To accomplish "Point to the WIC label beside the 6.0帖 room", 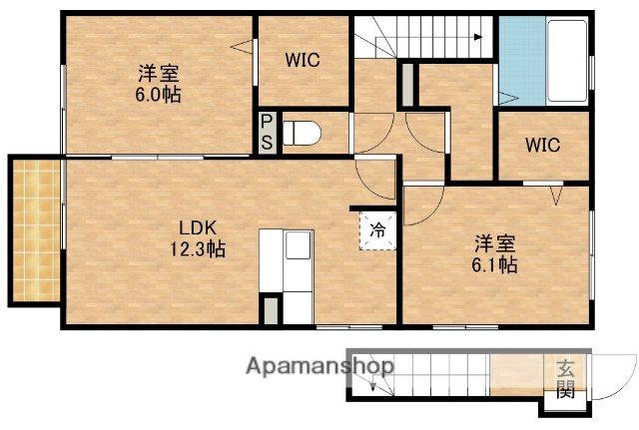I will click(302, 60).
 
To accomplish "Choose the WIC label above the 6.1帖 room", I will click(543, 144).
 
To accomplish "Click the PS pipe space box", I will click(267, 133).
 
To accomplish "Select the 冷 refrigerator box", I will click(378, 229).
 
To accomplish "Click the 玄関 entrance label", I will click(565, 380).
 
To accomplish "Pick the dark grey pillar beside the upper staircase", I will click(407, 85).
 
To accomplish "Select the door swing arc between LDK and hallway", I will click(374, 180).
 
